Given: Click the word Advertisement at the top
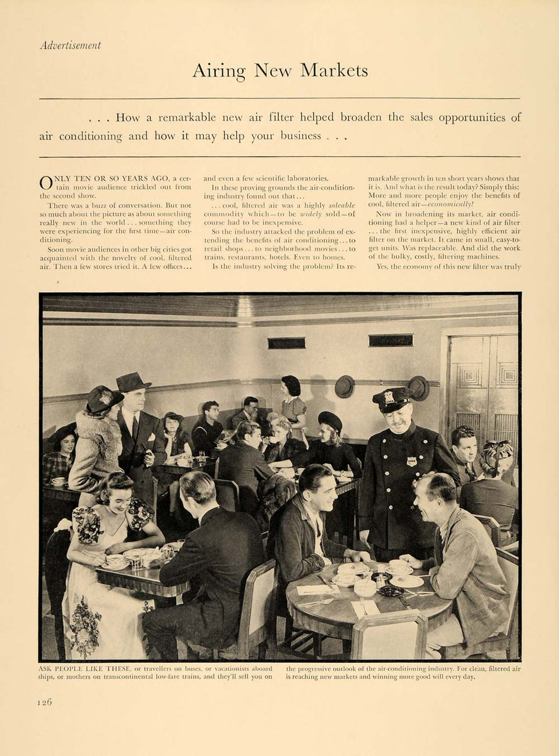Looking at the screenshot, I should pyautogui.click(x=70, y=45).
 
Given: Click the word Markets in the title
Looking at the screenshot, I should pyautogui.click(x=334, y=70).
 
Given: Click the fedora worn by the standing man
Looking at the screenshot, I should pyautogui.click(x=133, y=382).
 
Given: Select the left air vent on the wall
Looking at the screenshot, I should pyautogui.click(x=286, y=343).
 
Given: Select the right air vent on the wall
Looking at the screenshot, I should pyautogui.click(x=391, y=340).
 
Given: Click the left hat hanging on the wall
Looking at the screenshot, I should pyautogui.click(x=344, y=386).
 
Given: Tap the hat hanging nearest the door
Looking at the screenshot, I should pyautogui.click(x=418, y=387).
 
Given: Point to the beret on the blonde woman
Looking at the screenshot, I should pyautogui.click(x=329, y=420).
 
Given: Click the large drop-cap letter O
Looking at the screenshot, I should pyautogui.click(x=47, y=183).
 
